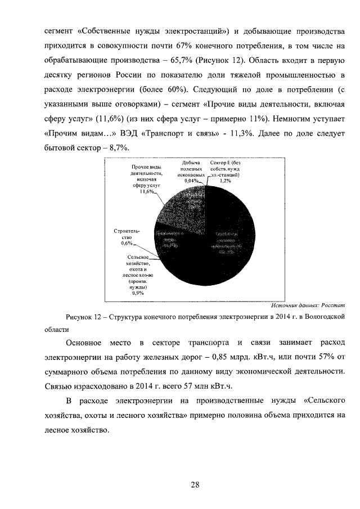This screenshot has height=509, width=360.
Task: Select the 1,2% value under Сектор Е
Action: click(226, 181)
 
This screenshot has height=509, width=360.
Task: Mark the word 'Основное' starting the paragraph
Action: click(84, 343)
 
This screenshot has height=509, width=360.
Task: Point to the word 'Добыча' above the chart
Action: click(192, 163)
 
